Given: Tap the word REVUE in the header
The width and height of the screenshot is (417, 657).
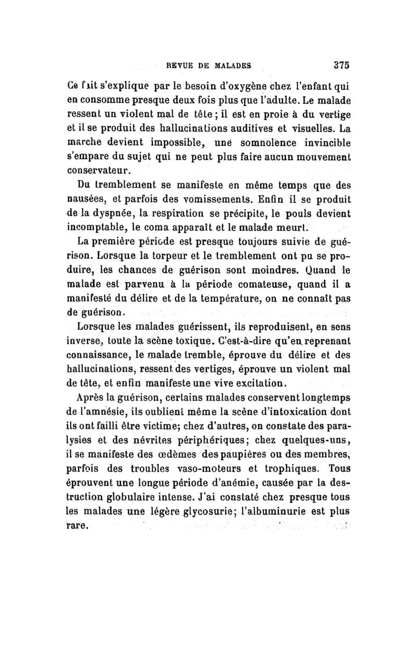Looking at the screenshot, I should click(x=181, y=66).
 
